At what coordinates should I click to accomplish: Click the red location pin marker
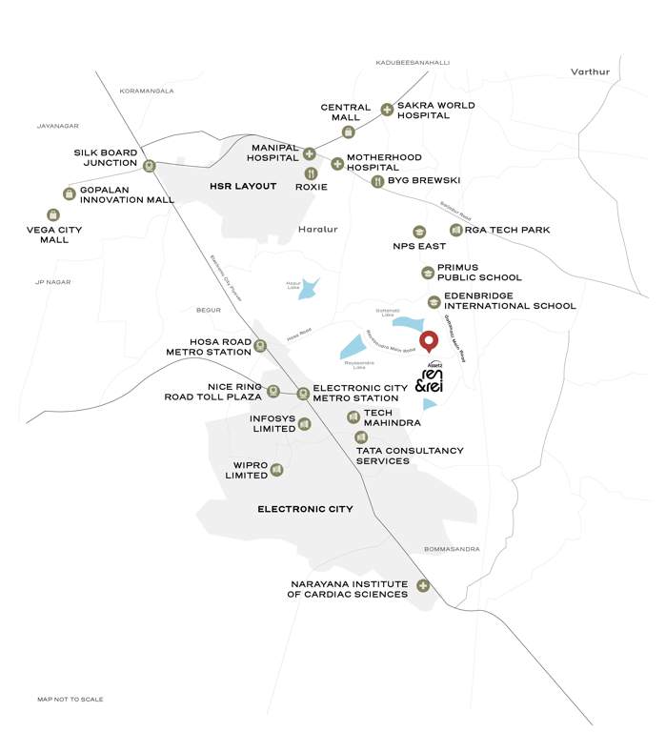[x=429, y=341]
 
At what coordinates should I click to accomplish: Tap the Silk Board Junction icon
[x=150, y=165]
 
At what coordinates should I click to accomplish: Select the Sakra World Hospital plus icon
[x=387, y=110]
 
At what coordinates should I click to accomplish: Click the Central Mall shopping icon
[x=350, y=132]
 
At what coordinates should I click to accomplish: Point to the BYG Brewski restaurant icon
[x=377, y=180]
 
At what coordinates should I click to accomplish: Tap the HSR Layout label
[x=243, y=186]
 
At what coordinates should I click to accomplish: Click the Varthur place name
[x=589, y=71]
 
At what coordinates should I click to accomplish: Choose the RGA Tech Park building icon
[x=456, y=230]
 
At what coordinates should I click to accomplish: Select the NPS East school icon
[x=419, y=232]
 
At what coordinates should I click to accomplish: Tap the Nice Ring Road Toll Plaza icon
[x=273, y=390]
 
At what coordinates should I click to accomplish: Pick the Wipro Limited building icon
[x=276, y=469]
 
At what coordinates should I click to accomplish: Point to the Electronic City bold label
[x=305, y=509]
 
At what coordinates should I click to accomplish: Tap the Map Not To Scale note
[x=71, y=700]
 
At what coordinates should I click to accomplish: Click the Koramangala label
[x=147, y=91]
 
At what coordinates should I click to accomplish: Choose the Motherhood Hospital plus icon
[x=336, y=164]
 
